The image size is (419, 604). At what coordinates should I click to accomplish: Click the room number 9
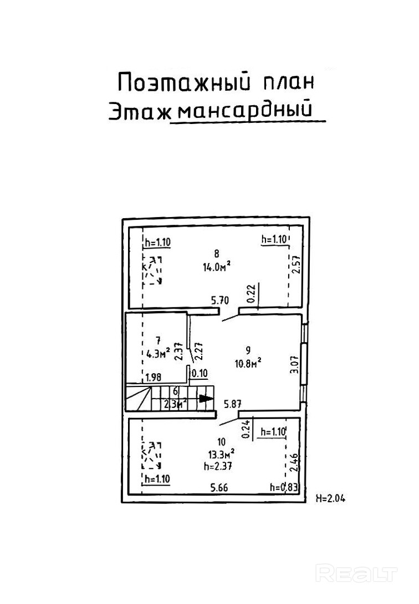(248, 349)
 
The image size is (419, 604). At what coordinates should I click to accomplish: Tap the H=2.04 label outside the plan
(330, 498)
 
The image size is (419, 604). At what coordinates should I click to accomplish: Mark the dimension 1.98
(154, 378)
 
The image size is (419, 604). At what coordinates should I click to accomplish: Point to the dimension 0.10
(199, 374)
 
